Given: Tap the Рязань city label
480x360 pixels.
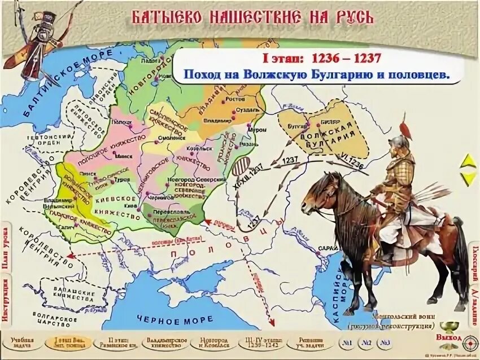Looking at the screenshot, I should coord(247,144).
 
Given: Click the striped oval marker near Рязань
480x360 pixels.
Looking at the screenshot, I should coord(242,168).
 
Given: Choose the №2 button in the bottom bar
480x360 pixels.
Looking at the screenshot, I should coord(366,343).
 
